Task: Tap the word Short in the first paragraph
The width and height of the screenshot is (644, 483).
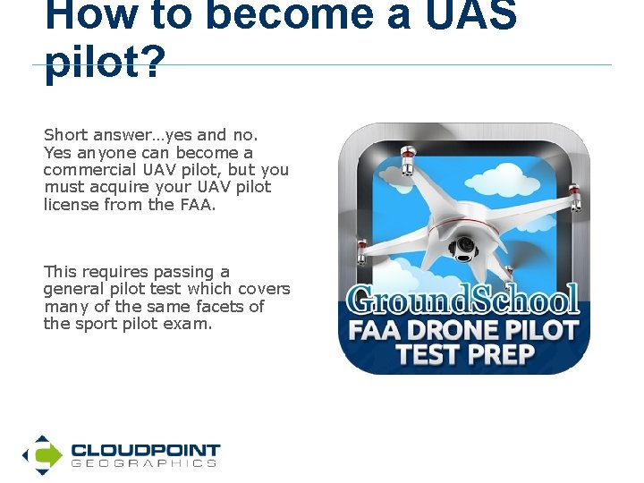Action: point(65,135)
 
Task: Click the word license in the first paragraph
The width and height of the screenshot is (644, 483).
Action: point(70,204)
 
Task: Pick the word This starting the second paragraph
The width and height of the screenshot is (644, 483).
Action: point(60,272)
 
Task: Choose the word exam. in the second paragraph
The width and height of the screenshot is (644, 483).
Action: point(188,324)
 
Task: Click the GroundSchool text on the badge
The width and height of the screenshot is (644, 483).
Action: point(464,300)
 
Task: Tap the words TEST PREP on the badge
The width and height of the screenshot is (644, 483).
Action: point(465,355)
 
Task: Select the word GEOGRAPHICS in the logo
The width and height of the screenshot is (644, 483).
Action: point(143,464)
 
